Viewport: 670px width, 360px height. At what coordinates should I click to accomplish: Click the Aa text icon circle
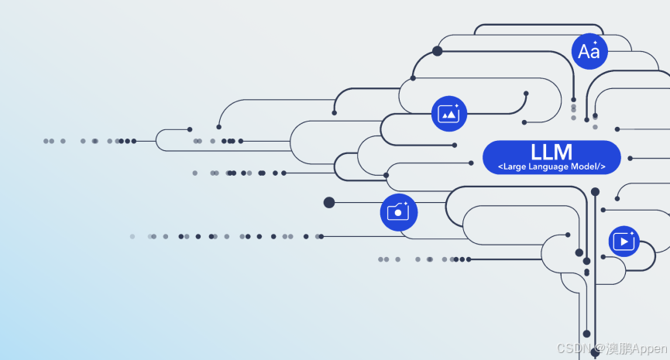(x=589, y=52)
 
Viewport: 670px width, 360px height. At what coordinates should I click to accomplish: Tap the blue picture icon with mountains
(x=449, y=113)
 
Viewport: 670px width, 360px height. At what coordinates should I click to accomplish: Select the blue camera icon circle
(x=398, y=211)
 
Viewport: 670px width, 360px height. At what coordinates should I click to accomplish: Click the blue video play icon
(x=624, y=241)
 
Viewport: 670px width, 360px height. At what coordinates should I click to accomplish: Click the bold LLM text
(x=551, y=151)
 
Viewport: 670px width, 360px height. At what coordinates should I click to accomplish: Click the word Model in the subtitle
(x=585, y=167)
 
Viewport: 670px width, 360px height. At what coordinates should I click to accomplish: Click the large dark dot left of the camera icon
(x=329, y=202)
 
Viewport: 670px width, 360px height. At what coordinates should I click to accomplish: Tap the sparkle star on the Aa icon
(x=595, y=42)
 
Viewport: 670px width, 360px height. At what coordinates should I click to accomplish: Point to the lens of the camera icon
(x=397, y=213)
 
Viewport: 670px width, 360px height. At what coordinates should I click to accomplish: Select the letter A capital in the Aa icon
(x=584, y=53)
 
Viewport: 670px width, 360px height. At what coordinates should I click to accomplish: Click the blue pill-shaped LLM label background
(x=496, y=157)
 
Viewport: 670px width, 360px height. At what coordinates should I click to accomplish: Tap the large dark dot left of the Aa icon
(x=437, y=51)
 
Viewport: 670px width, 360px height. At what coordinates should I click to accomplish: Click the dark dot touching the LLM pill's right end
(x=630, y=158)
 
